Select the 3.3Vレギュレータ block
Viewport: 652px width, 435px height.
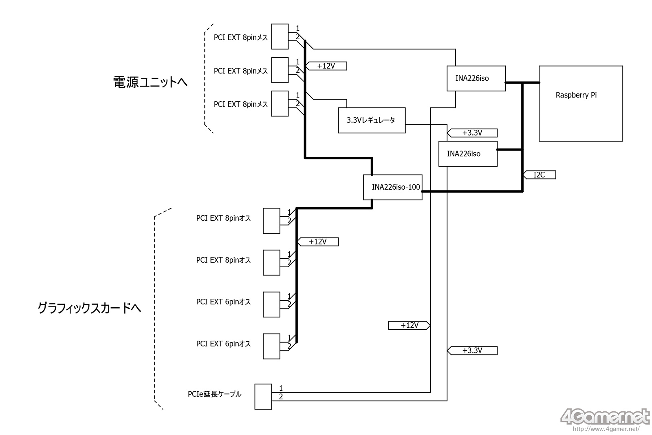click(372, 120)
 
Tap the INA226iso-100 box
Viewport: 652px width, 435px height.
click(392, 187)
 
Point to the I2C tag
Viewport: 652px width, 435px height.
click(540, 175)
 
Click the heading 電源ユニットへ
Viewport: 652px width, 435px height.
click(150, 82)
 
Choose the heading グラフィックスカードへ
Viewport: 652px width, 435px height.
click(89, 308)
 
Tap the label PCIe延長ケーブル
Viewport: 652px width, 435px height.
click(214, 394)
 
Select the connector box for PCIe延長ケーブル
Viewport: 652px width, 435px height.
click(263, 396)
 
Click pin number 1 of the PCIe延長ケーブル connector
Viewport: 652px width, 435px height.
click(281, 388)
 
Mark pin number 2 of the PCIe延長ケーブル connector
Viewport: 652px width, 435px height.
click(281, 397)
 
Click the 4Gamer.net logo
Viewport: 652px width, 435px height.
click(605, 417)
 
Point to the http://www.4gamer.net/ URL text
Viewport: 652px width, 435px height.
click(606, 429)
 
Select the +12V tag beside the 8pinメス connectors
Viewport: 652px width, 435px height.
click(326, 66)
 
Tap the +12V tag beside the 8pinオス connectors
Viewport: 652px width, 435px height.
click(318, 242)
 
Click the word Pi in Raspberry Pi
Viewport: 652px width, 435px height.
click(593, 95)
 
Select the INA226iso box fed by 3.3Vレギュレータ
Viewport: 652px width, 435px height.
click(467, 154)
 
